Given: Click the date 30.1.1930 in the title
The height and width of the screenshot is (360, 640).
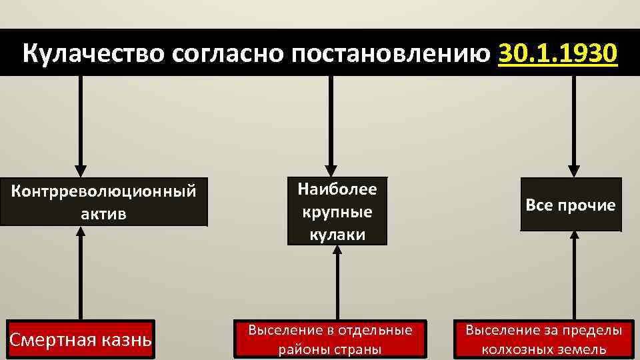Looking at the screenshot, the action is pos(557,53).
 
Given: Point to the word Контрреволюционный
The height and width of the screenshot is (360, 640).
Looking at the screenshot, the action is pos(103,191).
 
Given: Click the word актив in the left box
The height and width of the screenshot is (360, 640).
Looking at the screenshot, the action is pos(103,215).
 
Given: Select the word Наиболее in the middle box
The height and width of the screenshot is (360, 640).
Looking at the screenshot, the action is pos(337,189).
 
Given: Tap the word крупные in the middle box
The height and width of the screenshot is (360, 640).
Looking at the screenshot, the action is pos(337,211).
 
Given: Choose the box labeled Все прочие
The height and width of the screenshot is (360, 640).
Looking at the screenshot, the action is pos(571,205).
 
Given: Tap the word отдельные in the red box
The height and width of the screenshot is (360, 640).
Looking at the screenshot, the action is pos(376,330).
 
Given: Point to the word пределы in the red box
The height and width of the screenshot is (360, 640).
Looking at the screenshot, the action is pos(591,330).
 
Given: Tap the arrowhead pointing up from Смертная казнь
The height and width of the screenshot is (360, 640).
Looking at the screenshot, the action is pos(81,232).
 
